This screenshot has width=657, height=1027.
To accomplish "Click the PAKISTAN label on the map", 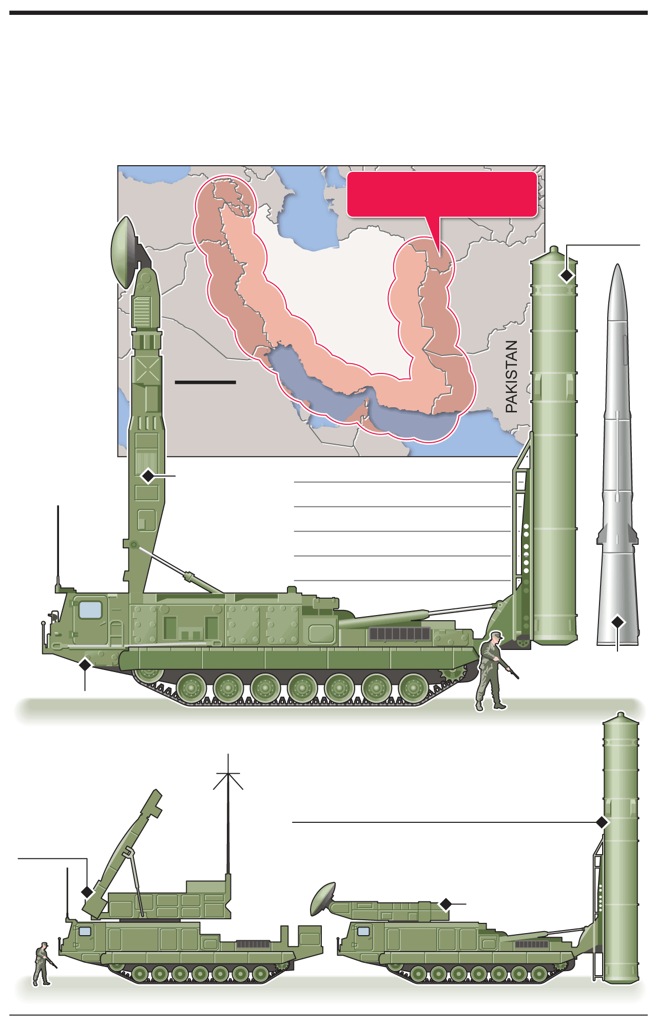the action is click(511, 377).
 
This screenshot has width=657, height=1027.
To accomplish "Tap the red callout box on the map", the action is click(442, 195).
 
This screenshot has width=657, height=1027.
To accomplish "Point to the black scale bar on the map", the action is click(205, 382).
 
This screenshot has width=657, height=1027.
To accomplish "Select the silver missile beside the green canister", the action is click(617, 455).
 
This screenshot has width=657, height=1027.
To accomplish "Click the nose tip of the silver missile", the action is click(617, 265).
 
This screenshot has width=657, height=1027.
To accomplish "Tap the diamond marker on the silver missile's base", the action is click(617, 622).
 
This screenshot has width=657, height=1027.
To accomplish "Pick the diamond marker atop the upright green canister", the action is click(567, 275).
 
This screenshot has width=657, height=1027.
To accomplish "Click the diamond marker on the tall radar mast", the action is click(148, 476).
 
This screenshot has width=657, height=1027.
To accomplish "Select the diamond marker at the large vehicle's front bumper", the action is click(85, 665).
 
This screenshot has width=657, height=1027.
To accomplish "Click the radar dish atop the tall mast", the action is click(125, 252).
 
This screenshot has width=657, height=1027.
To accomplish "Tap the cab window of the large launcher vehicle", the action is click(90, 610).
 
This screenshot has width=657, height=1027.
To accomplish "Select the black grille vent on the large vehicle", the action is click(400, 634).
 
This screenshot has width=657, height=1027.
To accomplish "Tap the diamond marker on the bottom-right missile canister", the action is click(603, 822).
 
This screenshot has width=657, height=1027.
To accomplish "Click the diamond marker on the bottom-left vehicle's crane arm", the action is click(87, 892).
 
